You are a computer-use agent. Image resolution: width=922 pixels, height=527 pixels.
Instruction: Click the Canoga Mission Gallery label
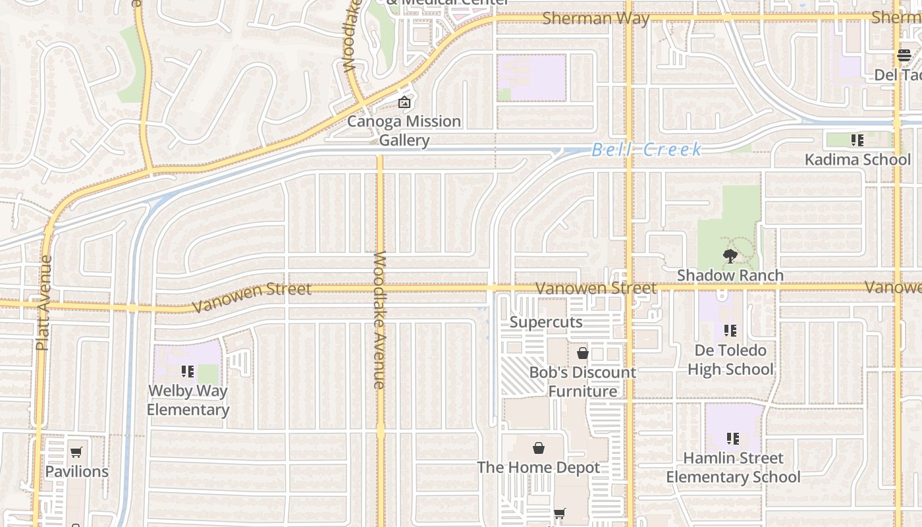[404, 130]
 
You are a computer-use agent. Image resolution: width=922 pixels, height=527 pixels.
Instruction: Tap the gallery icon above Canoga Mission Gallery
[404, 102]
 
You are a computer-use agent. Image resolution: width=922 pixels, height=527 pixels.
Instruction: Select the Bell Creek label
[647, 150]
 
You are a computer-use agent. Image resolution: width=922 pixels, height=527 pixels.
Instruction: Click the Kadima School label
[857, 159]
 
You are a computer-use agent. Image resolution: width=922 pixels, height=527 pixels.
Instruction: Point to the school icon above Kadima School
[857, 140]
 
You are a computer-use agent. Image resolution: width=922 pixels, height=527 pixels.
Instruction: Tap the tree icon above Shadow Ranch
[730, 256]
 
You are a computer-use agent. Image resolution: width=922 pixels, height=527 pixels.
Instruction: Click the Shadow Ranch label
[730, 275]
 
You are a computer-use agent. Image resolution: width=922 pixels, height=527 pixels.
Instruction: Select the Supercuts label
[546, 322]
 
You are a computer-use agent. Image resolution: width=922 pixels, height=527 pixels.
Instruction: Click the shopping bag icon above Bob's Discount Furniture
[582, 354]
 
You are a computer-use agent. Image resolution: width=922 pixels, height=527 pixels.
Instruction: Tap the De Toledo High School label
[730, 360]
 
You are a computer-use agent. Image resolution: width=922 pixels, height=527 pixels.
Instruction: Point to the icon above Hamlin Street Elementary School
[732, 438]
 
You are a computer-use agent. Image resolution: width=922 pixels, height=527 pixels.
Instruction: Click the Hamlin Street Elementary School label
[733, 467]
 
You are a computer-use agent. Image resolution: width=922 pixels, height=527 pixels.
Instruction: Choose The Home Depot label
[538, 468]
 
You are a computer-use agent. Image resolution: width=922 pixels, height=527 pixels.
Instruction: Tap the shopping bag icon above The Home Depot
[539, 449]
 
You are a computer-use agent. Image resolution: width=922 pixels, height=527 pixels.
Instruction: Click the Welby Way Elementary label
[188, 400]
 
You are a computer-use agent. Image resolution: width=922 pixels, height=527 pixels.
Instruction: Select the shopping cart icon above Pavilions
[76, 452]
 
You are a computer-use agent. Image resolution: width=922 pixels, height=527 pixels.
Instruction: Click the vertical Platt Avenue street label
[44, 302]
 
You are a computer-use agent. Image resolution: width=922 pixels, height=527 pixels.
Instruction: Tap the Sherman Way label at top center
[595, 18]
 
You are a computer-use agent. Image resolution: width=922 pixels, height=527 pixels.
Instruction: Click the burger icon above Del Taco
[903, 55]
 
